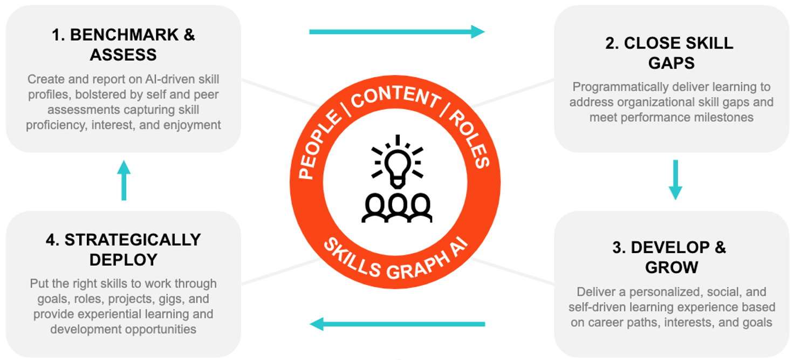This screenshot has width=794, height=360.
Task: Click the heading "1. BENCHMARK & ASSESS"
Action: pyautogui.click(x=124, y=45)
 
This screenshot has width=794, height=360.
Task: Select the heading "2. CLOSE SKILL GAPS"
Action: pyautogui.click(x=671, y=53)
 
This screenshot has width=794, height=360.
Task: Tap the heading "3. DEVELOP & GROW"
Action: pyautogui.click(x=671, y=257)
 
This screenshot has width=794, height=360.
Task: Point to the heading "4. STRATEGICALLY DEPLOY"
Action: pyautogui.click(x=124, y=249)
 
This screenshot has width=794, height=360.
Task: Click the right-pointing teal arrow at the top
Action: pyautogui.click(x=396, y=32)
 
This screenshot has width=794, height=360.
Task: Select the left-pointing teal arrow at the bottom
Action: pyautogui.click(x=396, y=324)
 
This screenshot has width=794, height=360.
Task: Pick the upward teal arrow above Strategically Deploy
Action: pyautogui.click(x=124, y=180)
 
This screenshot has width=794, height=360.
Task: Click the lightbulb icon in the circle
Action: pyautogui.click(x=397, y=161)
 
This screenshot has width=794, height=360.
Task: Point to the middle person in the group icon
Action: pyautogui.click(x=397, y=208)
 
